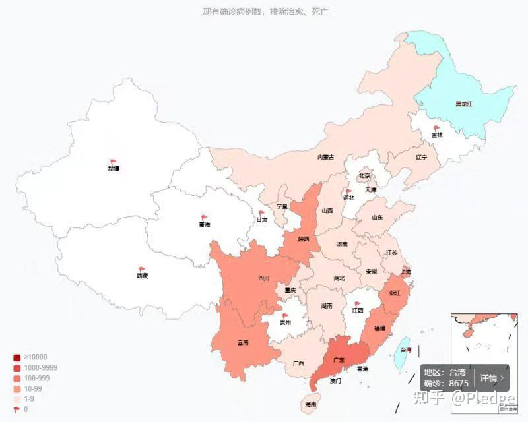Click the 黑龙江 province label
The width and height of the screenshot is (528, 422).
(464, 104)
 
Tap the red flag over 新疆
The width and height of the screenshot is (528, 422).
(114, 161)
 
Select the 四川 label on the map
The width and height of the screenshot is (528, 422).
(264, 278)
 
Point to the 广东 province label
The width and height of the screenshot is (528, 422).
(339, 360)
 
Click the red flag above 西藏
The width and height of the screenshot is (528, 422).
(141, 269)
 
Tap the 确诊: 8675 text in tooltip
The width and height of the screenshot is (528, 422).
(446, 383)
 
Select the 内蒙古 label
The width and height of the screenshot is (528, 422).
(325, 157)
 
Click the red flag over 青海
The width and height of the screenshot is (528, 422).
(205, 218)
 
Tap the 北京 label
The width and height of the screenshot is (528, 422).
(365, 176)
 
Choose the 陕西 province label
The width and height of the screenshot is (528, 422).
(304, 239)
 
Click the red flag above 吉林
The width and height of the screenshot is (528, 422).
(437, 129)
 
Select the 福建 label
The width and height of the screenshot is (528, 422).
(379, 328)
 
